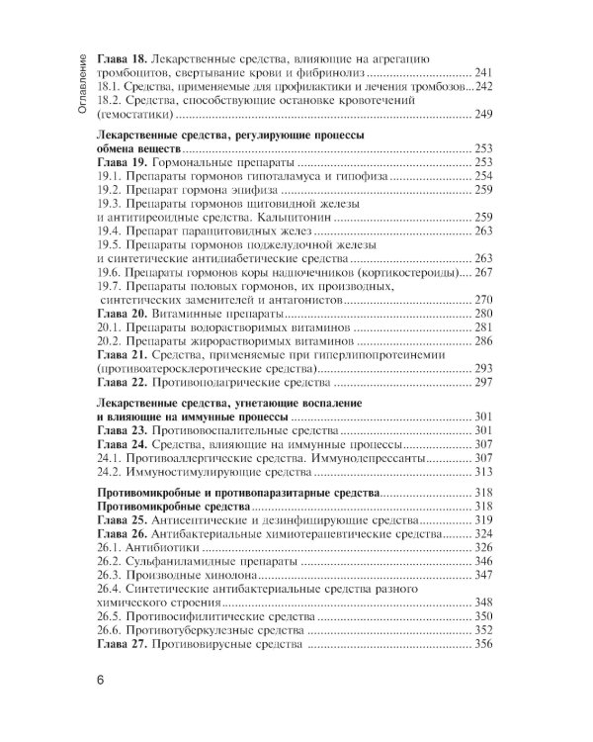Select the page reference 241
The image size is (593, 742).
tap(481, 74)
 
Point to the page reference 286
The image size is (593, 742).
tap(481, 340)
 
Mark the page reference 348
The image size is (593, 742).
tap(481, 603)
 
